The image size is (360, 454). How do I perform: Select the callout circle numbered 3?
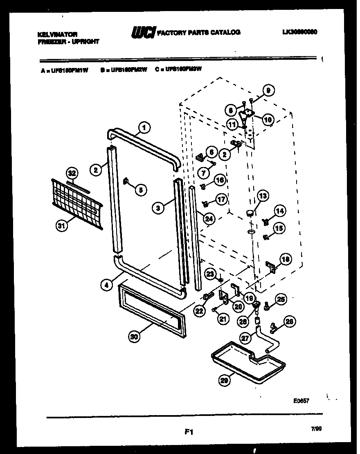click(x=157, y=208)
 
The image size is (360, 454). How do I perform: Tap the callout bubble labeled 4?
click(x=106, y=285)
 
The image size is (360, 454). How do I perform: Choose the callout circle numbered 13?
click(x=262, y=197)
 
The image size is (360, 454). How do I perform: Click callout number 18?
click(x=285, y=259)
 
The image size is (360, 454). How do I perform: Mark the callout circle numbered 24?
click(x=209, y=219)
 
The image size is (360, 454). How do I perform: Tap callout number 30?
click(x=133, y=337)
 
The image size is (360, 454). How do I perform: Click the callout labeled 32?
click(x=72, y=172)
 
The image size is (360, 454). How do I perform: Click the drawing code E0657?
click(x=300, y=401)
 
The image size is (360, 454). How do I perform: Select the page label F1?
click(x=189, y=431)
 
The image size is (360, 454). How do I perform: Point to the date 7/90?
click(x=316, y=429)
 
